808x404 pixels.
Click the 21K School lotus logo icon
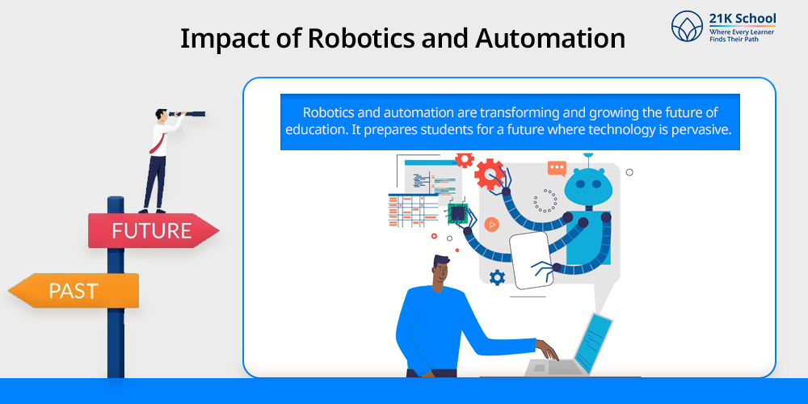click(687, 26)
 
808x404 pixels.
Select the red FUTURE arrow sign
click(153, 230)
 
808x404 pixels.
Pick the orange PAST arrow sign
click(74, 291)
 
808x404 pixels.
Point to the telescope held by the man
click(188, 113)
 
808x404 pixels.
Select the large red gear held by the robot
click(489, 175)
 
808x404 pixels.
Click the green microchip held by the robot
click(457, 213)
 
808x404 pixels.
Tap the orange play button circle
click(491, 225)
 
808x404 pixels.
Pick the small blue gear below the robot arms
click(497, 278)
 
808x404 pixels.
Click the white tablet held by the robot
click(531, 259)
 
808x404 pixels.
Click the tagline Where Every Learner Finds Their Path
click(742, 35)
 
